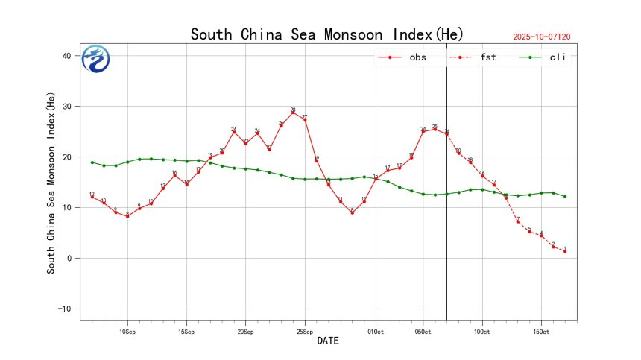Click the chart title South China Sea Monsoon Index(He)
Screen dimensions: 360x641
tap(327, 34)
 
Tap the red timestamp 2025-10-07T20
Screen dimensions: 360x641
tap(547, 37)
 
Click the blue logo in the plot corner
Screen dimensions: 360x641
tap(96, 60)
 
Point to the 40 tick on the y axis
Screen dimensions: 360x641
tap(66, 56)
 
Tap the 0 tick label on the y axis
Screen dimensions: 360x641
tap(69, 259)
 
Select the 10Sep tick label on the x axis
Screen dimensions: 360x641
tap(127, 331)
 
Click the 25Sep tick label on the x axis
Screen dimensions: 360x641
tap(305, 331)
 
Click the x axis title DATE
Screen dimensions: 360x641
tap(328, 341)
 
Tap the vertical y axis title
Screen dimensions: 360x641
tap(51, 187)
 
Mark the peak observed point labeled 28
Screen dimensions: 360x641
tap(293, 113)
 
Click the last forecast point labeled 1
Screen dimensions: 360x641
tap(565, 251)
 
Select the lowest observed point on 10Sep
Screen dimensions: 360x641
tap(127, 216)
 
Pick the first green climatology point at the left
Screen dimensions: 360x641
tap(92, 162)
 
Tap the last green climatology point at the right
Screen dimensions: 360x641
tap(565, 197)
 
